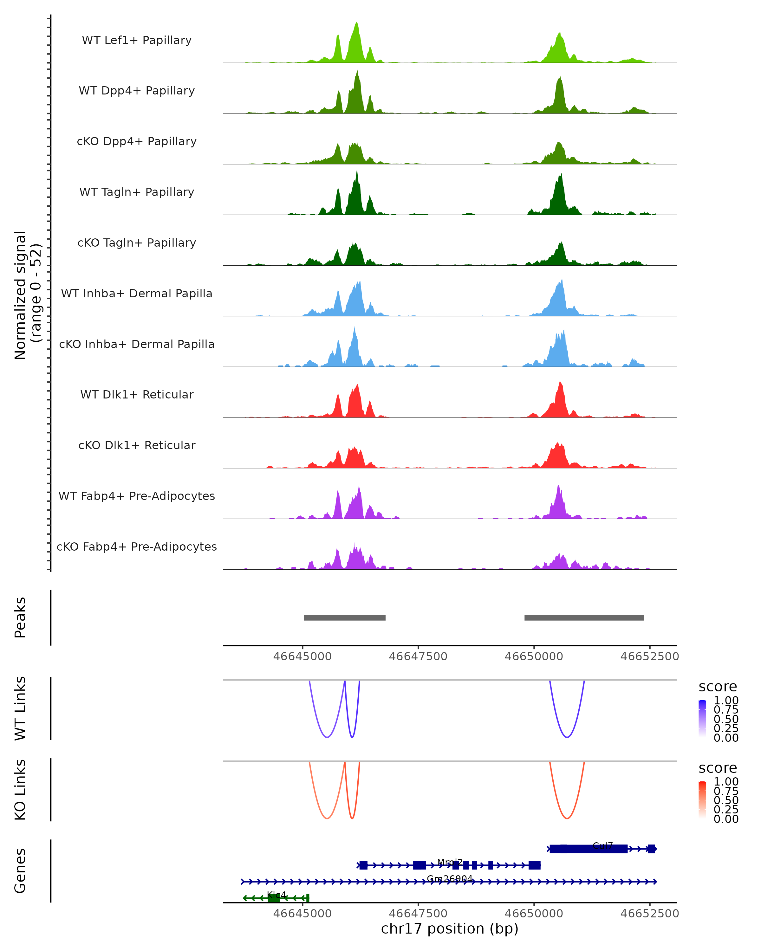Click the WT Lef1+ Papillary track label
(137, 40)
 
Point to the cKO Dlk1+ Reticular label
(137, 445)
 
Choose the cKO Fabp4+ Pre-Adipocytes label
(137, 547)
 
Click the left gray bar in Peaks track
(345, 618)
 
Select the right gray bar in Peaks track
(584, 618)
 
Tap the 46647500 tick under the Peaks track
(418, 657)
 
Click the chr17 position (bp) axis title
(450, 928)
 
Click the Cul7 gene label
(603, 845)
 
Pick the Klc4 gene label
(276, 895)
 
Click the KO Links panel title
(20, 790)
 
